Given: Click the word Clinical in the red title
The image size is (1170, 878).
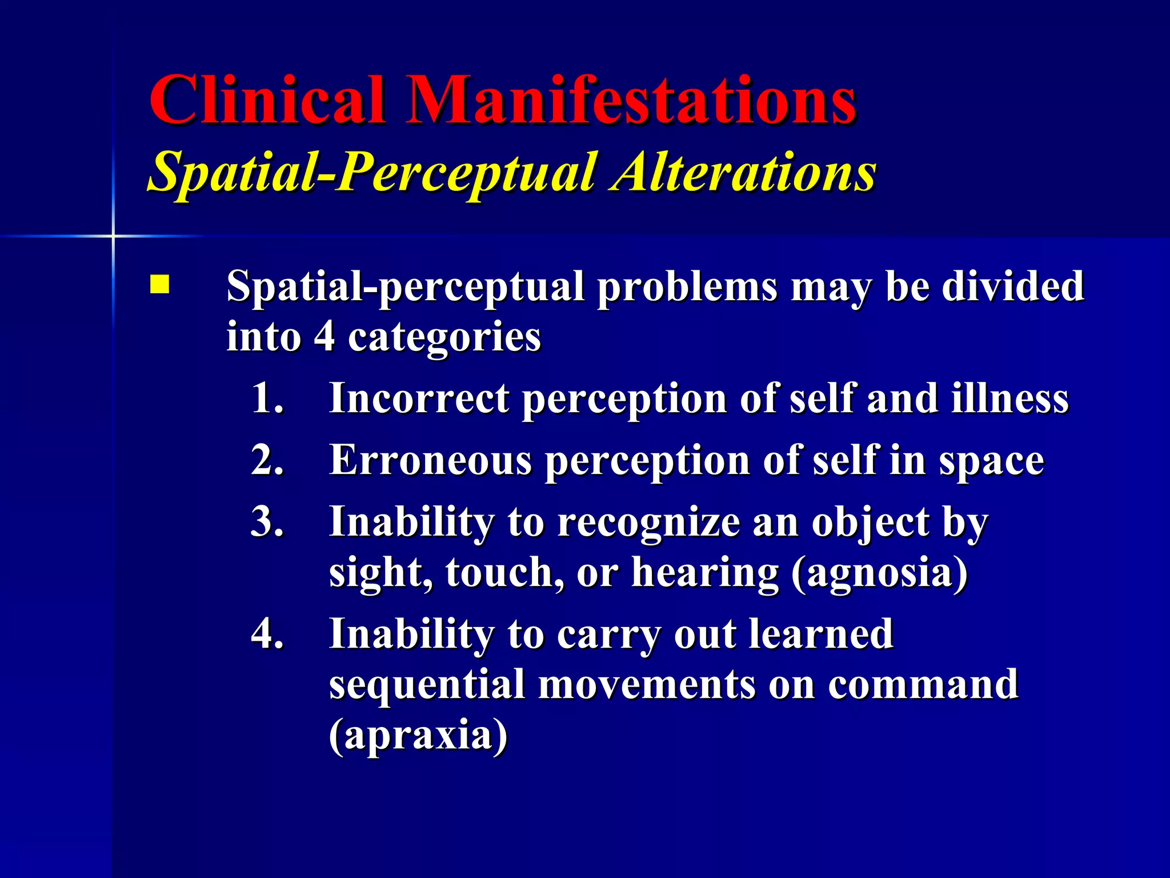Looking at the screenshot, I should coord(266,101).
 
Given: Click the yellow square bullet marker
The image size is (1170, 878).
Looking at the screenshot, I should coord(159,285).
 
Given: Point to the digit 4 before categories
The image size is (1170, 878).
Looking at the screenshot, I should coord(324,336).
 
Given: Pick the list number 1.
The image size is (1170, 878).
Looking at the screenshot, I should coord(267,398).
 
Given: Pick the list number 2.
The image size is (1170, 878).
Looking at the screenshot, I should coord(267,460).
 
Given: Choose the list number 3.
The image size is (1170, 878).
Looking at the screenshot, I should coord(267,521).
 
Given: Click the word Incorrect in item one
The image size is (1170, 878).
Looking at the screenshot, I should coord(419,398).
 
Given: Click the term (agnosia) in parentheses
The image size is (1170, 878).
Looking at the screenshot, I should coord(880,573).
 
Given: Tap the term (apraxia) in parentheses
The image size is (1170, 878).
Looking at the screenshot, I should coord(418,736).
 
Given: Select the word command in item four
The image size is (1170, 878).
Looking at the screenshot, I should coord(923,684).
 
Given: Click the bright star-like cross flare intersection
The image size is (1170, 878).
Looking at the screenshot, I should coord(113,236).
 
